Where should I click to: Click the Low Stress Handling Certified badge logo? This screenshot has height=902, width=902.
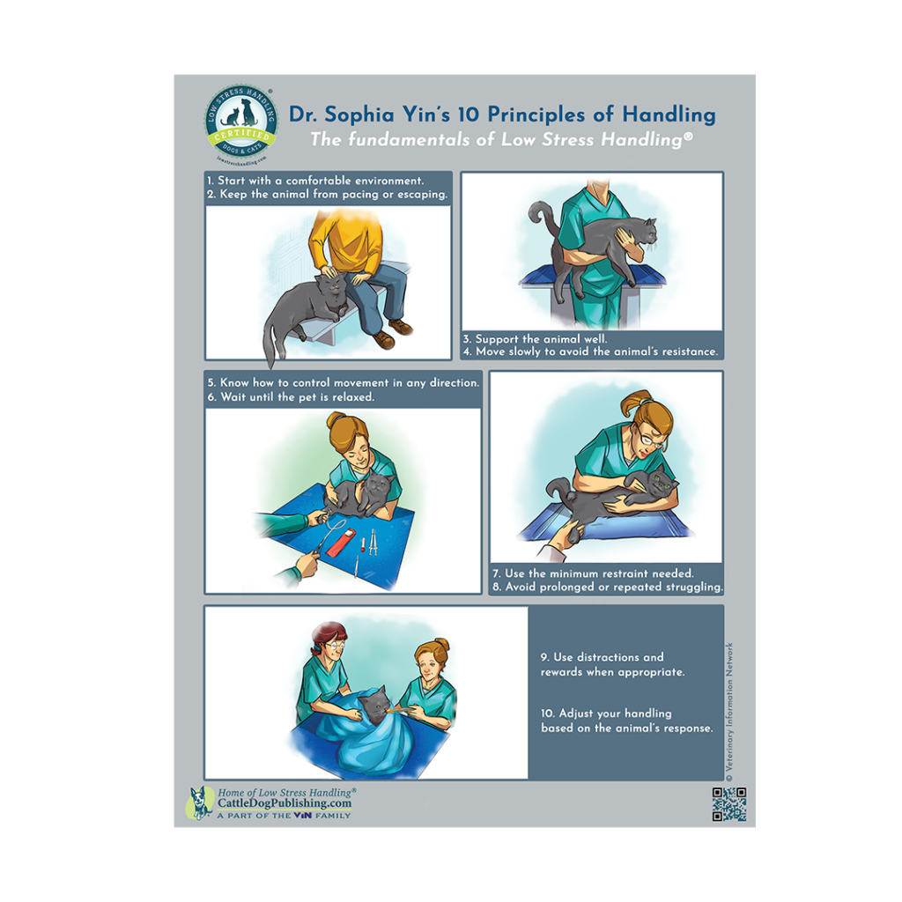click(241, 122)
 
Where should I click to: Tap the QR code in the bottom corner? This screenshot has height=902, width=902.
click(728, 803)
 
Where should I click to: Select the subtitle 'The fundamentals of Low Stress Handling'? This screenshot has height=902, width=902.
click(500, 139)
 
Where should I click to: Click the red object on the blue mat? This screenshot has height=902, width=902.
click(340, 541)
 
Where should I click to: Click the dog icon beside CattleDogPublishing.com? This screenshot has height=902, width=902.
click(201, 802)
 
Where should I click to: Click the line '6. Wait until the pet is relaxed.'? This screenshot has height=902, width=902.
click(291, 397)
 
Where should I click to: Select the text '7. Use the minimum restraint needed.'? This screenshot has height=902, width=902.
click(599, 573)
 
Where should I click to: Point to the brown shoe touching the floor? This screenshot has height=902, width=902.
click(384, 340)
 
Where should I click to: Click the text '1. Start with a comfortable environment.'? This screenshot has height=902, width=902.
click(315, 181)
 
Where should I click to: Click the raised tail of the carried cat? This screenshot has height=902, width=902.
click(538, 216)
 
